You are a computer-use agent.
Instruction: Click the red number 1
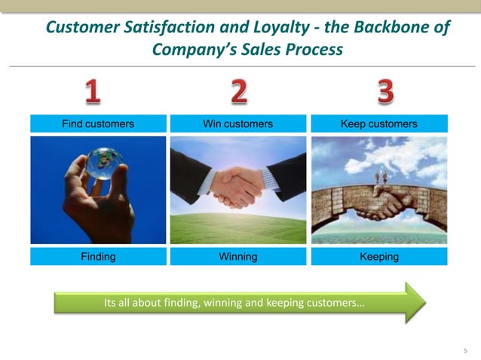point(92,92)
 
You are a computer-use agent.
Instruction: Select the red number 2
point(238,92)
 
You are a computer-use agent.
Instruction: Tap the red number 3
point(384,92)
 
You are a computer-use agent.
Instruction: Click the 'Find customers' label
point(98,124)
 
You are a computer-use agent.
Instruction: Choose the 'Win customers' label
point(238,124)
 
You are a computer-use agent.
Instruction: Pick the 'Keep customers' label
point(379,124)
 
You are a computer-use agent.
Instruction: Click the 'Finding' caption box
point(98,257)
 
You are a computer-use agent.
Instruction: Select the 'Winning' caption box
point(238,257)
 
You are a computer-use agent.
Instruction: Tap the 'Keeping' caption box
point(379,257)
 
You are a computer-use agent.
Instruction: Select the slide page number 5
point(465,351)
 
